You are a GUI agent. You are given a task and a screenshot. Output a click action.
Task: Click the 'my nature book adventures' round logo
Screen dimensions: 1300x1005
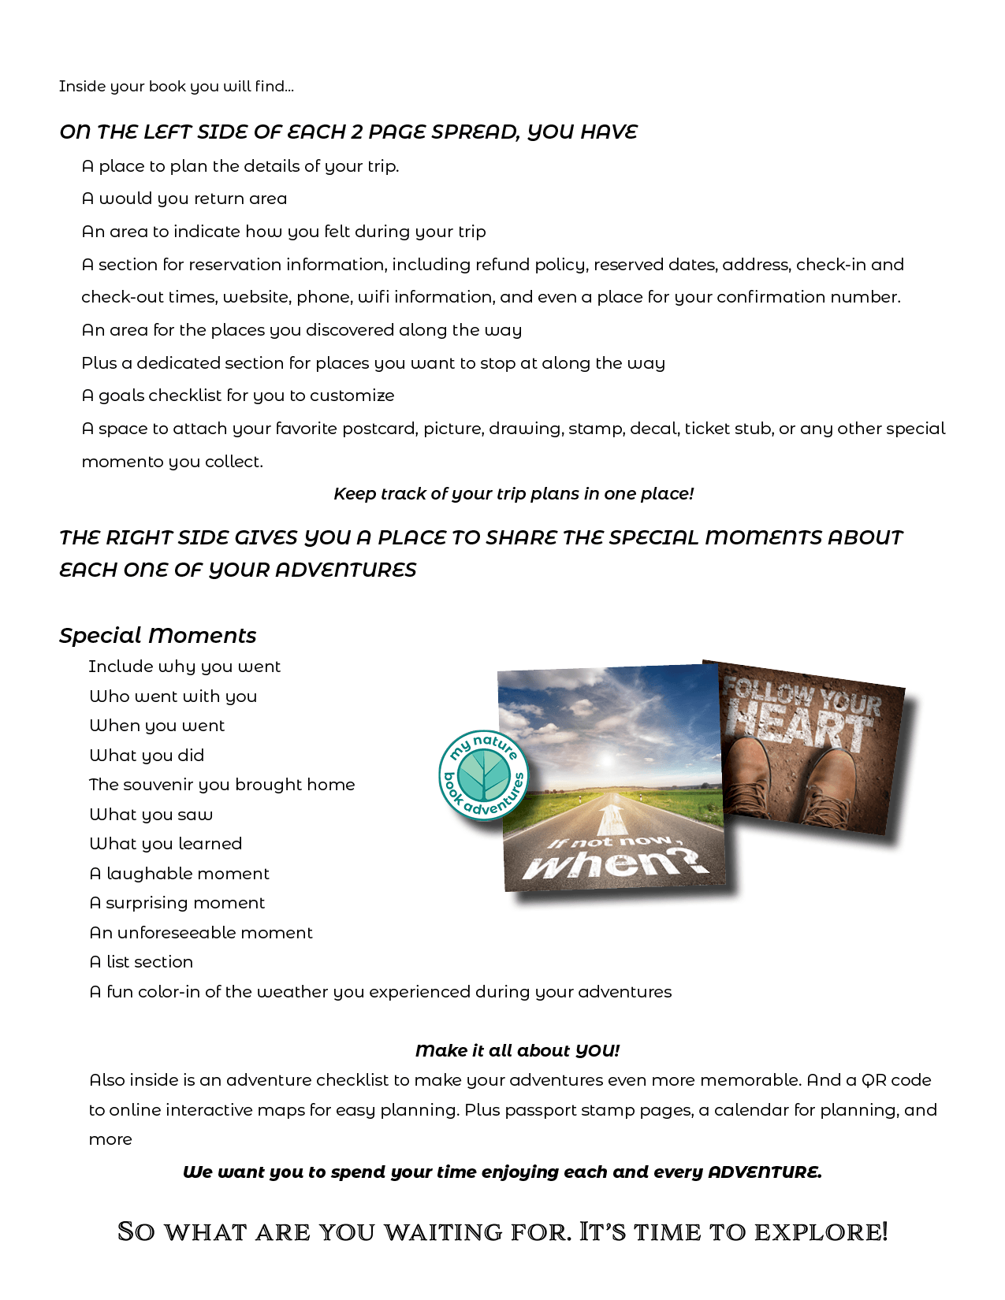[483, 775]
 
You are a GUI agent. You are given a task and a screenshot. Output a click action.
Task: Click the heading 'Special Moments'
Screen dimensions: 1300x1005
[158, 635]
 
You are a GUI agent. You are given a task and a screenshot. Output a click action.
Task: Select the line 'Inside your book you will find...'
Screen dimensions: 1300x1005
[176, 86]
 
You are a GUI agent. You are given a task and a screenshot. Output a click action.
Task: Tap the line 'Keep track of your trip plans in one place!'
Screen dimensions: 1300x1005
[513, 493]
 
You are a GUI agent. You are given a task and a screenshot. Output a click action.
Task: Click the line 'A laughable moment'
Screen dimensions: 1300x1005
[179, 873]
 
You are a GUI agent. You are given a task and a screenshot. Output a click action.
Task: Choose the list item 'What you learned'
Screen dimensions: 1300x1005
[166, 843]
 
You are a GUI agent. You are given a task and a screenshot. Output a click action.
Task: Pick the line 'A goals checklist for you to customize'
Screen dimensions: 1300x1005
[237, 395]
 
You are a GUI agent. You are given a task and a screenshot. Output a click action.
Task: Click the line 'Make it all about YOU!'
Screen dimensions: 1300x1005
[517, 1050]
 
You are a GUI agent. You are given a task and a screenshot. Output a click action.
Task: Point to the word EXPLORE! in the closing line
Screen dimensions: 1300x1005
[821, 1231]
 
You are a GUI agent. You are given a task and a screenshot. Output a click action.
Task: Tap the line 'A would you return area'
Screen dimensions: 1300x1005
[184, 198]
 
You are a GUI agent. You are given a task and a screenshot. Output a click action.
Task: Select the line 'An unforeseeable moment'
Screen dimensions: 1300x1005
[201, 932]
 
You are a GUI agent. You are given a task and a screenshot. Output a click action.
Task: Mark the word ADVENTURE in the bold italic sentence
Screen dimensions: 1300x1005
[764, 1172]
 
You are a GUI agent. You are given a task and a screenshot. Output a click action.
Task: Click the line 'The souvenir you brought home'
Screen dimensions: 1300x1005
[221, 784]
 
